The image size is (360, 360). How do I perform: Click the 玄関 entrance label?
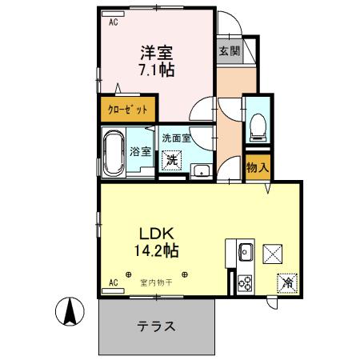(x=229, y=50)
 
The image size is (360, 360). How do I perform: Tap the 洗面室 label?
(x=176, y=138)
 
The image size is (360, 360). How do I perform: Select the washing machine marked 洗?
(x=171, y=159)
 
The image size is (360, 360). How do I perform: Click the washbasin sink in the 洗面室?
(x=202, y=169)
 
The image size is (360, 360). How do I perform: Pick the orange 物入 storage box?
(x=257, y=169)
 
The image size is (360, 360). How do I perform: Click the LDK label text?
(x=157, y=234)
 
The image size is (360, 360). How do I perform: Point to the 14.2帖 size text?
(x=157, y=250)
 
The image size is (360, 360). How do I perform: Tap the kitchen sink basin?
(x=244, y=254)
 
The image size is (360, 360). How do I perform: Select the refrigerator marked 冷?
(x=286, y=282)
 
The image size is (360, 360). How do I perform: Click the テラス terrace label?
(x=157, y=326)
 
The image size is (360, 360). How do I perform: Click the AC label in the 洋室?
(x=113, y=22)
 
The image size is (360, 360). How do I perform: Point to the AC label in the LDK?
(x=113, y=282)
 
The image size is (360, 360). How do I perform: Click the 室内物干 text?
(x=157, y=282)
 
